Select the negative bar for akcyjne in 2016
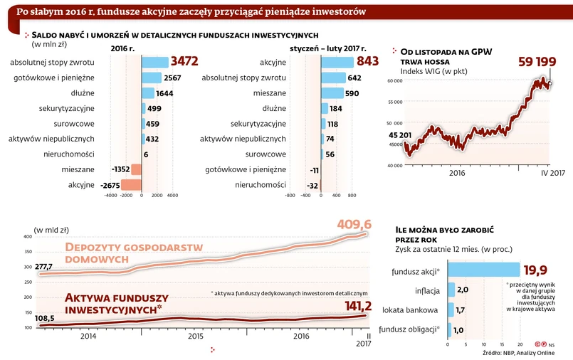pyautogui.click(x=132, y=185)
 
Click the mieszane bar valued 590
pyautogui.click(x=332, y=92)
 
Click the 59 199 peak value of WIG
pyautogui.click(x=537, y=63)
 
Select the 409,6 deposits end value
pyautogui.click(x=354, y=226)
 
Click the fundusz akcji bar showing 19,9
pyautogui.click(x=483, y=270)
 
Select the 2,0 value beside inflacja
pyautogui.click(x=462, y=290)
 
